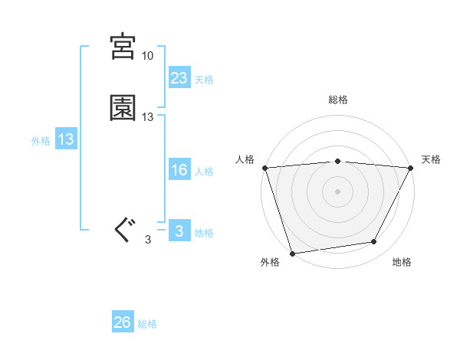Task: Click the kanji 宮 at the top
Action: point(123,47)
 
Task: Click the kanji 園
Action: point(123,108)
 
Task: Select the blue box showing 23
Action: point(179,77)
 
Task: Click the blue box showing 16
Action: point(179,170)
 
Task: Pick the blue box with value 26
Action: point(123,322)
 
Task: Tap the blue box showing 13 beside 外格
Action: point(66,139)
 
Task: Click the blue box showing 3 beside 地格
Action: point(179,231)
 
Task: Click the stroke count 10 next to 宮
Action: point(147,56)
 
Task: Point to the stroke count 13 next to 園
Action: point(148,117)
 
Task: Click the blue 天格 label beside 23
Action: point(204,80)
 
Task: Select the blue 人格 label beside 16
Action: point(204,172)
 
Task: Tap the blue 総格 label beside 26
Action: point(147,325)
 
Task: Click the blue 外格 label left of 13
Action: point(41,141)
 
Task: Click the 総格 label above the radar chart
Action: point(338,100)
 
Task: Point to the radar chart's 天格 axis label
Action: point(432,159)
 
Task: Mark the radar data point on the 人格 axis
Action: point(264,168)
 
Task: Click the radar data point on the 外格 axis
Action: point(292,253)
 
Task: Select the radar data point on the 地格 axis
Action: point(374,242)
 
